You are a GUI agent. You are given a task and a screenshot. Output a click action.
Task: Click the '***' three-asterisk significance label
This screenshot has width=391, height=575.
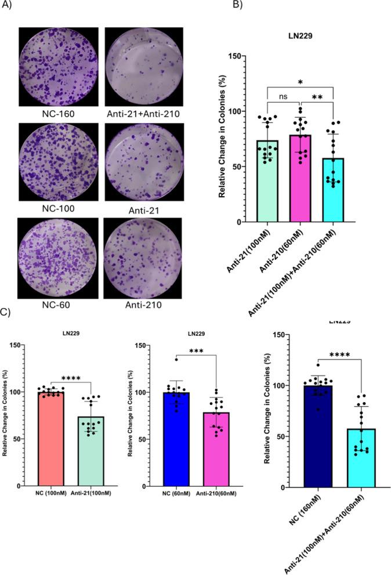point(195,368)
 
